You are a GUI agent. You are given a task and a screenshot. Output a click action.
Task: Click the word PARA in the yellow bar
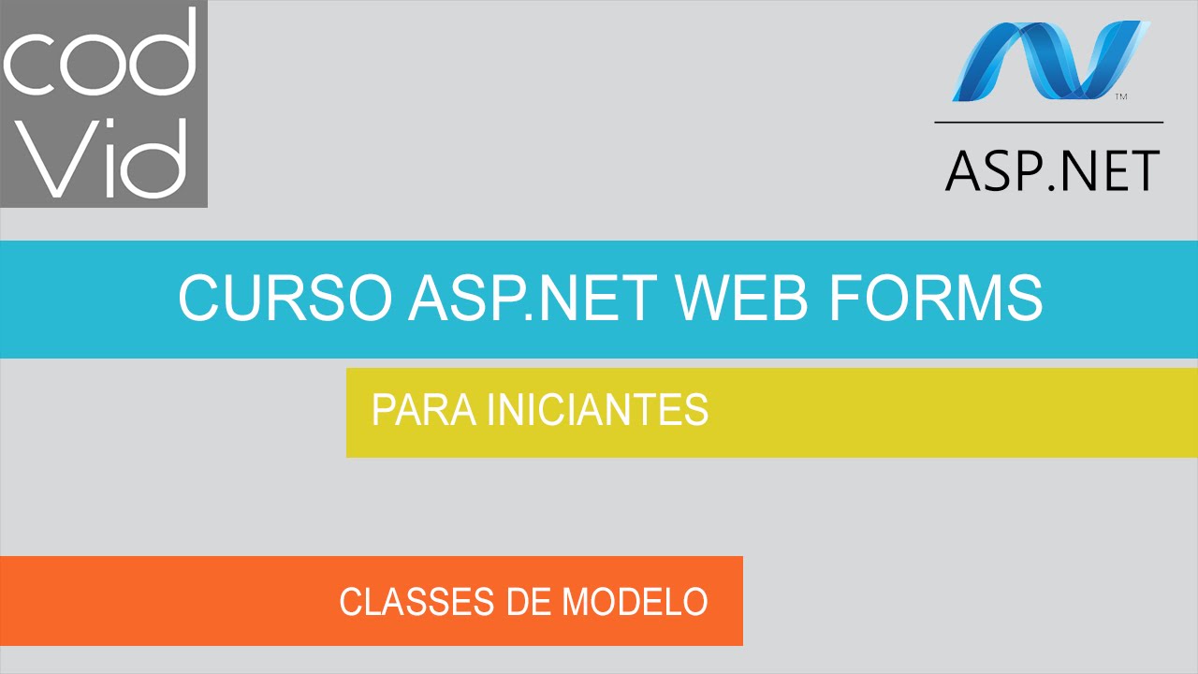pyautogui.click(x=421, y=410)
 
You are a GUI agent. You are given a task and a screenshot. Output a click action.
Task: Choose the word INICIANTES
pyautogui.click(x=597, y=410)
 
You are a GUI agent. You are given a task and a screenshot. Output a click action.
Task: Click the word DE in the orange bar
pyautogui.click(x=529, y=602)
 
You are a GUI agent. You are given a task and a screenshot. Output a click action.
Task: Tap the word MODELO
pyautogui.click(x=635, y=602)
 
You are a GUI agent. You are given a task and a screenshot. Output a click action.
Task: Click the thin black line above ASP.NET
pyautogui.click(x=1048, y=123)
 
